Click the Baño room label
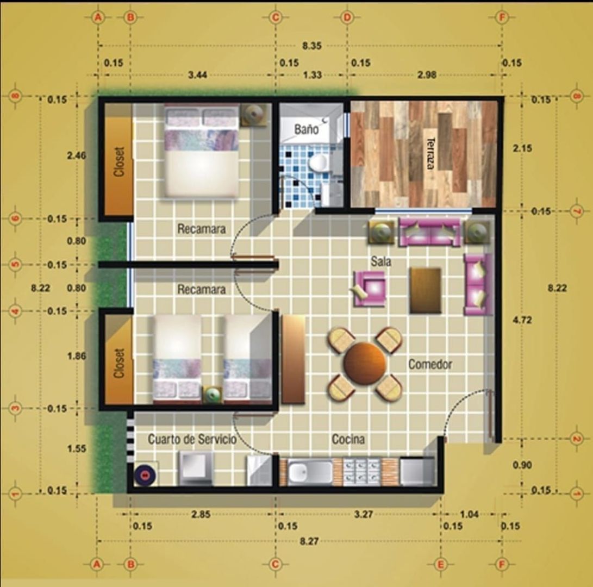307,129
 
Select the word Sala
381,261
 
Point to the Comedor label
430,364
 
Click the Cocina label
348,439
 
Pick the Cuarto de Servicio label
192,439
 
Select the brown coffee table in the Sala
425,290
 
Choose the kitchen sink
310,472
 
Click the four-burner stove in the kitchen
362,472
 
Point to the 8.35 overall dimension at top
311,46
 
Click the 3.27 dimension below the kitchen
364,514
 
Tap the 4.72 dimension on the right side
522,320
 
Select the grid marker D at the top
347,17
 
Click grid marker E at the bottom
441,565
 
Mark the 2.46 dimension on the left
77,155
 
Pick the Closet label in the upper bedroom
120,161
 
